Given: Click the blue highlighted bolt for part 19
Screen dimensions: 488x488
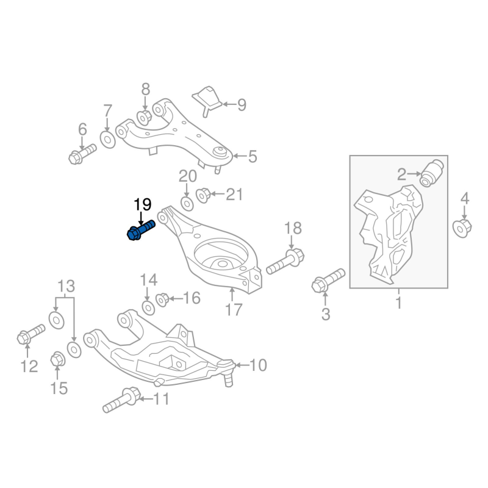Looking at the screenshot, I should (x=140, y=231).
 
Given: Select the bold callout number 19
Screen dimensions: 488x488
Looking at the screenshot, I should (x=142, y=206).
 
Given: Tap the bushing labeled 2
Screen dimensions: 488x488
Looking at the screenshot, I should (x=435, y=173).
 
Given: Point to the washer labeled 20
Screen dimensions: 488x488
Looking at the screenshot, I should (x=187, y=201).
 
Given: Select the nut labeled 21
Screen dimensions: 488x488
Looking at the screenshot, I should (x=204, y=195).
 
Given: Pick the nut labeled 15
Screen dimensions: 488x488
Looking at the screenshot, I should (x=59, y=360).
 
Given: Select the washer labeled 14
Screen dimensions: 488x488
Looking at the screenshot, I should (x=147, y=306).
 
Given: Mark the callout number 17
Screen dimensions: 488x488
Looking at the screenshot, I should (x=234, y=309).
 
